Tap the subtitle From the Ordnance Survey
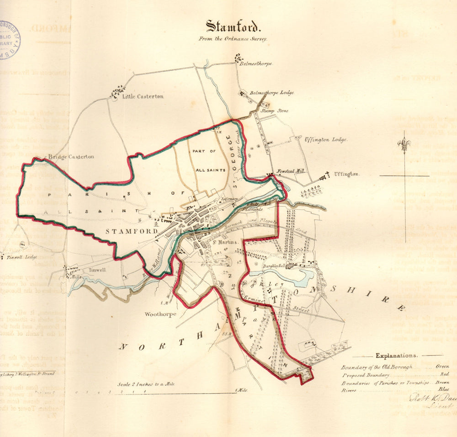(x=233, y=39)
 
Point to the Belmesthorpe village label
(x=256, y=64)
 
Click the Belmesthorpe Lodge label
(x=271, y=93)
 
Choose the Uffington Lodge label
(x=326, y=139)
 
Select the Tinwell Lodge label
(x=21, y=257)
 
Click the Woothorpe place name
(x=160, y=314)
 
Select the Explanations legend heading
(x=396, y=355)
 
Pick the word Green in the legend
(x=442, y=367)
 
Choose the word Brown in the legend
(x=442, y=383)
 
